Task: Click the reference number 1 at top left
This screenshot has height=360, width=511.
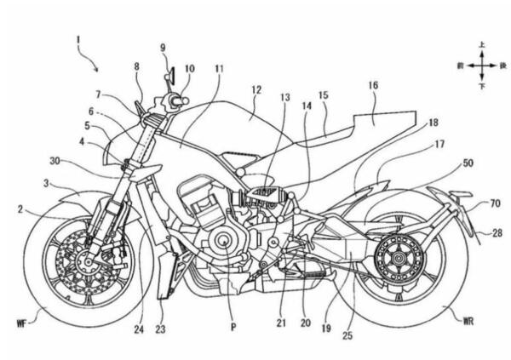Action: point(78,39)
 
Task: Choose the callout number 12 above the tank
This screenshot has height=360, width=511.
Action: point(255,89)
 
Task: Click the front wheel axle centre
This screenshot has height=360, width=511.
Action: point(86,263)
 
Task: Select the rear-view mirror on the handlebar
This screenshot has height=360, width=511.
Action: point(171,75)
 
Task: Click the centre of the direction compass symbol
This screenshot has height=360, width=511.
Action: point(481,65)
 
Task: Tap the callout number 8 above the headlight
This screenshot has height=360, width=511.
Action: point(135,66)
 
